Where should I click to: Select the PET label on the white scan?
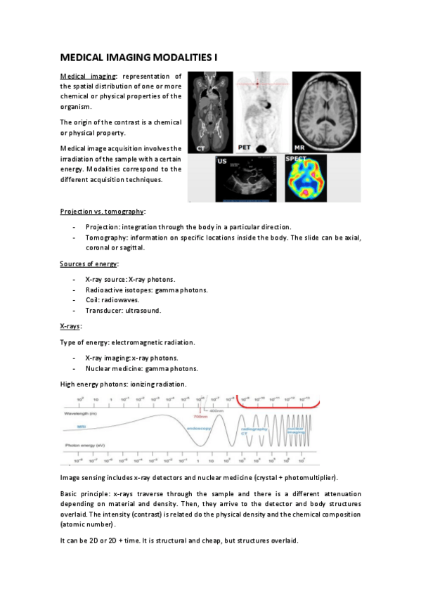click(x=244, y=147)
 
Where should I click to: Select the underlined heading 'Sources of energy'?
click(x=89, y=264)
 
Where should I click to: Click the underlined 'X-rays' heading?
click(x=71, y=327)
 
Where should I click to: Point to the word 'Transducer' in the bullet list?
click(x=103, y=310)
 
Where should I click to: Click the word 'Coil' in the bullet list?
click(x=92, y=299)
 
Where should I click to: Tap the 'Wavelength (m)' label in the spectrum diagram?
click(x=82, y=414)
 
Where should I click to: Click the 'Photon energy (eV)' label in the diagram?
click(x=86, y=446)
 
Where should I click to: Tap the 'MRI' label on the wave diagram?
click(x=82, y=426)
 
